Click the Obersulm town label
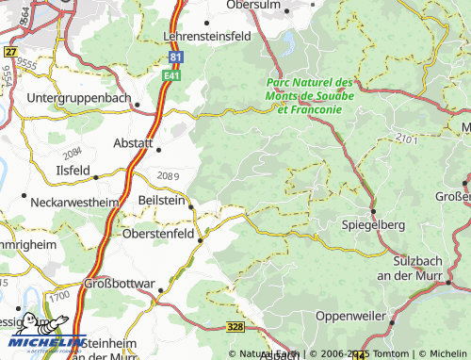tap(261, 6)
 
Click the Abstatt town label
tap(133, 143)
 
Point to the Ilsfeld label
tap(73, 171)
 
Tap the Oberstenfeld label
tap(159, 232)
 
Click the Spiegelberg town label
tap(373, 225)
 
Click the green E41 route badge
tap(171, 74)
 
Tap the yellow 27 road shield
tap(10, 52)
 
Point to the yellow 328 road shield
tap(238, 326)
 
